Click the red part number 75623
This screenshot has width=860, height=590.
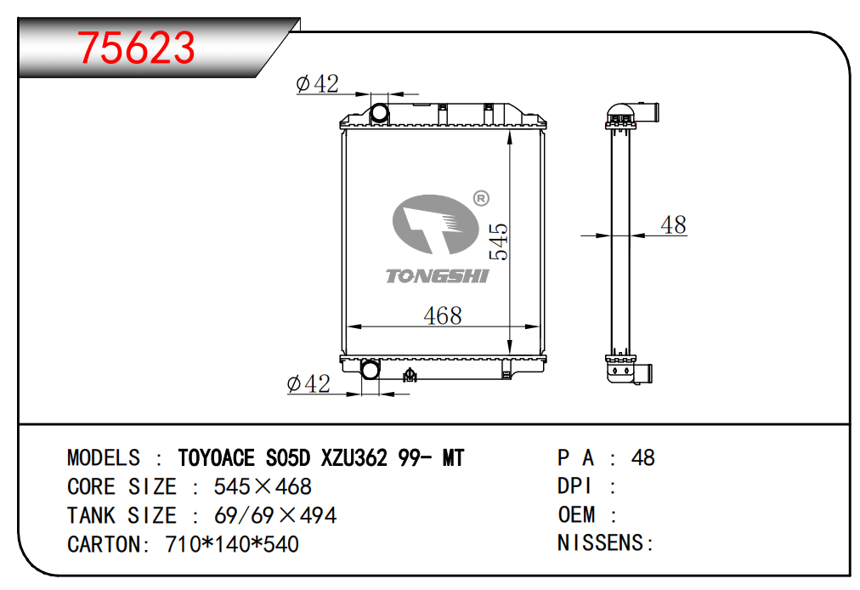pyautogui.click(x=136, y=48)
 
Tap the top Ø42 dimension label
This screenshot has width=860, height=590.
pyautogui.click(x=318, y=84)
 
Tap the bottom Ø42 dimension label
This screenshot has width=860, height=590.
pyautogui.click(x=308, y=383)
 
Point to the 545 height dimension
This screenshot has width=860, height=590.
pyautogui.click(x=499, y=241)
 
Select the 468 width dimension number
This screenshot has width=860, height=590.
pyautogui.click(x=443, y=315)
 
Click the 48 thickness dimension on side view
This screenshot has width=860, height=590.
pyautogui.click(x=674, y=224)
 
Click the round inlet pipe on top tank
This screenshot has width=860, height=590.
pyautogui.click(x=379, y=113)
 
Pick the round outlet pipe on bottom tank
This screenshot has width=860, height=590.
pyautogui.click(x=371, y=369)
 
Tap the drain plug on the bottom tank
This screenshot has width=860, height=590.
pyautogui.click(x=409, y=375)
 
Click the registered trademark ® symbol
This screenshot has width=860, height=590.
pyautogui.click(x=481, y=198)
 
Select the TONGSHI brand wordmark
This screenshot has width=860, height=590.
pyautogui.click(x=437, y=276)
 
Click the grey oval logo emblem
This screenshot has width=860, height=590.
pyautogui.click(x=435, y=224)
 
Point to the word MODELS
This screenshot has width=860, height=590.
pyautogui.click(x=104, y=457)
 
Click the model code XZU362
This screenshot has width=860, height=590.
pyautogui.click(x=354, y=457)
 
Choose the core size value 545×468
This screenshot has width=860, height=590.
pyautogui.click(x=263, y=487)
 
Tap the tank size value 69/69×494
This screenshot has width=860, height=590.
pyautogui.click(x=275, y=515)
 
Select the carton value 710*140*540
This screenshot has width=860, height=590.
pyautogui.click(x=232, y=544)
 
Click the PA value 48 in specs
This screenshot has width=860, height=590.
pyautogui.click(x=642, y=457)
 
